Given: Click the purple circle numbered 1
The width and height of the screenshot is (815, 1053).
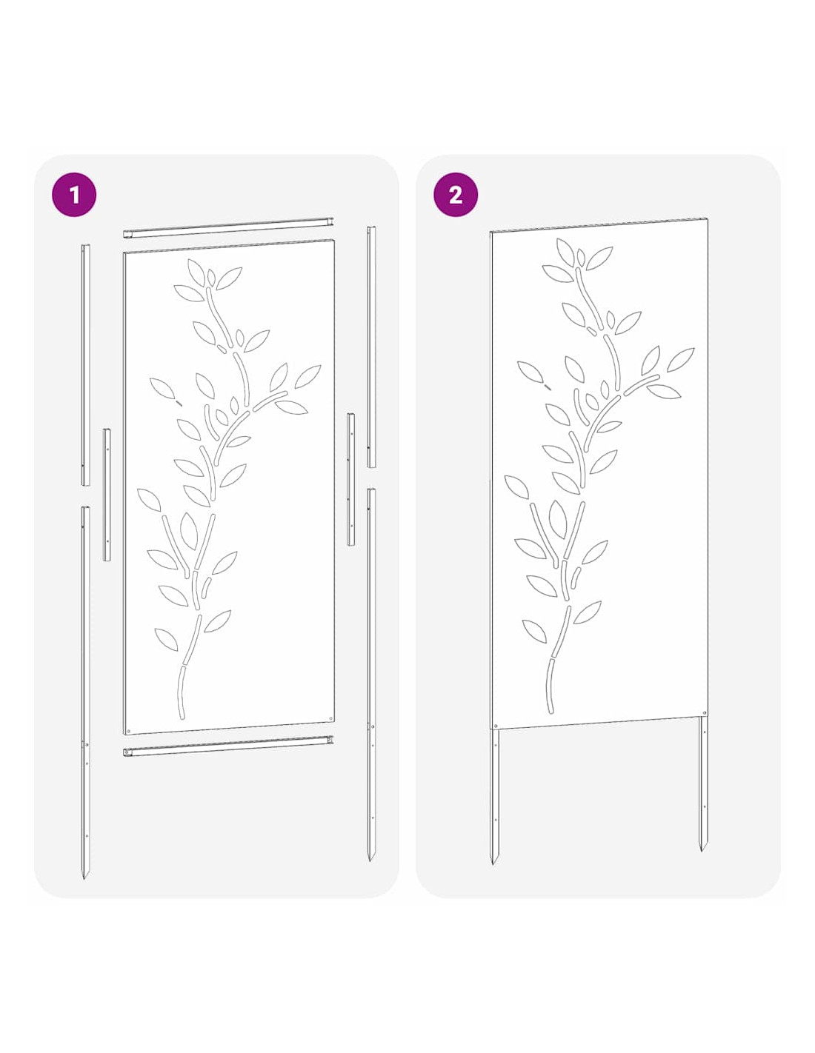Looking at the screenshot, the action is (x=73, y=194).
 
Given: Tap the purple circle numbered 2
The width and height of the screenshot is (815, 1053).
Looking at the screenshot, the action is (x=455, y=194).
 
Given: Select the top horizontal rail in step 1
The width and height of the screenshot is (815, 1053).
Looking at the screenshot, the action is (x=228, y=227).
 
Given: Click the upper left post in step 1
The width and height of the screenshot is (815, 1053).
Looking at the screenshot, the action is (x=85, y=364).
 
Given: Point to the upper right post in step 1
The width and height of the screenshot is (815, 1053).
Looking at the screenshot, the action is (x=371, y=347).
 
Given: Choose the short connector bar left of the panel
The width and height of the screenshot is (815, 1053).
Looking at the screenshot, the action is (x=107, y=495).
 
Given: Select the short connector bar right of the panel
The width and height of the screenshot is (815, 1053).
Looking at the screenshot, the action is (x=350, y=479).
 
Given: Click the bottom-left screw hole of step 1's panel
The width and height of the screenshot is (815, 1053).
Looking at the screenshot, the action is (x=128, y=731).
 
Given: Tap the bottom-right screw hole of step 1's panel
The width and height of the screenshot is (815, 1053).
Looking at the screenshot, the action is (x=330, y=718).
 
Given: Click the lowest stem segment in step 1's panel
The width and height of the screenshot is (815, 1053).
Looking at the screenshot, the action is (x=182, y=692).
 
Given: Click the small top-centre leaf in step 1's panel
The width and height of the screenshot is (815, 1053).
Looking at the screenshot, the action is (x=211, y=277).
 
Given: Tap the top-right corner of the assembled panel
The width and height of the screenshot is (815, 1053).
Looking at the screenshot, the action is (x=708, y=218).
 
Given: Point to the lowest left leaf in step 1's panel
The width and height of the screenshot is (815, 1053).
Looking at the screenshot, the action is (x=166, y=639).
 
